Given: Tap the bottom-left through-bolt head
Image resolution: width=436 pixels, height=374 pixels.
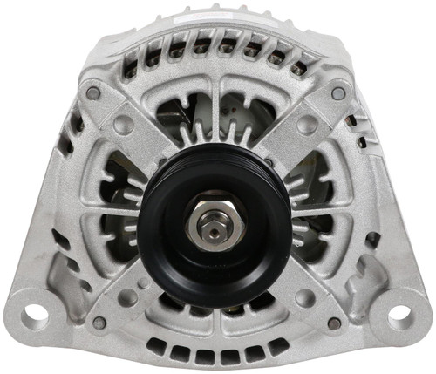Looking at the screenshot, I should [99, 323].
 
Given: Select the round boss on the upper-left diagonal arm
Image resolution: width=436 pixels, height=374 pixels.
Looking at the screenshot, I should [124, 124].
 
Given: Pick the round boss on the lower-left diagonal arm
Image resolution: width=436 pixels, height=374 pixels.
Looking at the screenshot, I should [128, 297].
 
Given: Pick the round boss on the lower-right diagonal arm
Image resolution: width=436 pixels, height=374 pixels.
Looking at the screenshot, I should [305, 297].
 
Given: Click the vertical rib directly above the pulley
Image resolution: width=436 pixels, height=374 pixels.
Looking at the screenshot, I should [215, 113].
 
